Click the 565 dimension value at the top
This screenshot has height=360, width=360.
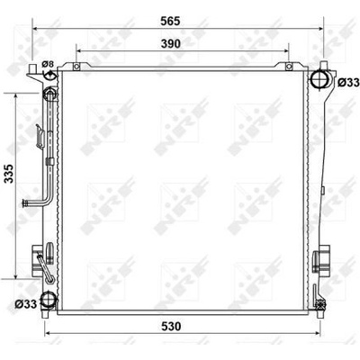pos(170,22)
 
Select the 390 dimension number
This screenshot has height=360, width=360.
pos(171,44)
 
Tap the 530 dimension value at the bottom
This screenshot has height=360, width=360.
pos(171,327)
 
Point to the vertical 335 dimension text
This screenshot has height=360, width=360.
pos(9,174)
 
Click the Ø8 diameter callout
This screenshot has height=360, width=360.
pos(48,64)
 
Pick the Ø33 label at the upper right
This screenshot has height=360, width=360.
pos(348,82)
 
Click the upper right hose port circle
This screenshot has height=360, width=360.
pos(319,78)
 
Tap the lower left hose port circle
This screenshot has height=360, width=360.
pos(48,300)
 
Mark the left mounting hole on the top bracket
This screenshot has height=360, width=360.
pos(76,66)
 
